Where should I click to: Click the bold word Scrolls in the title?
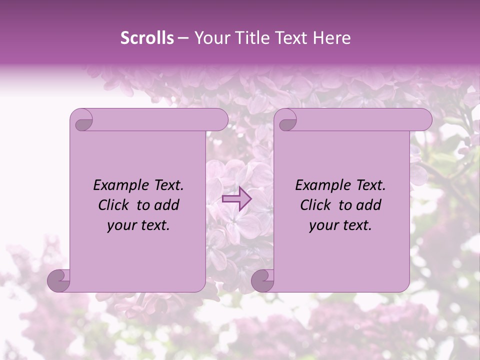click(x=147, y=38)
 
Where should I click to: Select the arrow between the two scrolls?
click(x=236, y=198)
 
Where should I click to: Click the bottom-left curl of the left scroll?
click(x=58, y=280)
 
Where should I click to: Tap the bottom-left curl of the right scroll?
click(x=262, y=280)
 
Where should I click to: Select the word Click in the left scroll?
click(x=110, y=205)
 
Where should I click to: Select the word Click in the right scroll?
click(x=312, y=205)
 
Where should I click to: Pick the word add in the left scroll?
click(x=167, y=205)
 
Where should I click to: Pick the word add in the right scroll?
click(x=369, y=205)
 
